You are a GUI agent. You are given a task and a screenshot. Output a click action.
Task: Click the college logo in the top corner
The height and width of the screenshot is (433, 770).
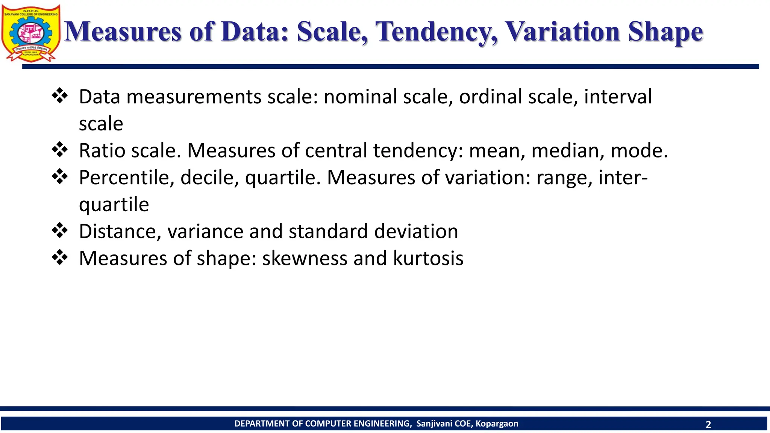point(31,33)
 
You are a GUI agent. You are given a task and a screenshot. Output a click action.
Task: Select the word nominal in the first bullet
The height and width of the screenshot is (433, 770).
point(360,97)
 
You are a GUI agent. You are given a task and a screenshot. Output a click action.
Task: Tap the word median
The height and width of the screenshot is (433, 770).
point(567,151)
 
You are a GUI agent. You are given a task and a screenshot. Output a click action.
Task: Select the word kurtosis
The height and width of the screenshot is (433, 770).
point(428,258)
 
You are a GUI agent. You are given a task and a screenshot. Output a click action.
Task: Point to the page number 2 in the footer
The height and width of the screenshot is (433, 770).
point(708,425)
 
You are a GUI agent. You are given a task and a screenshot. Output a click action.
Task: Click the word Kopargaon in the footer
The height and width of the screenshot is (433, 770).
point(497,424)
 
